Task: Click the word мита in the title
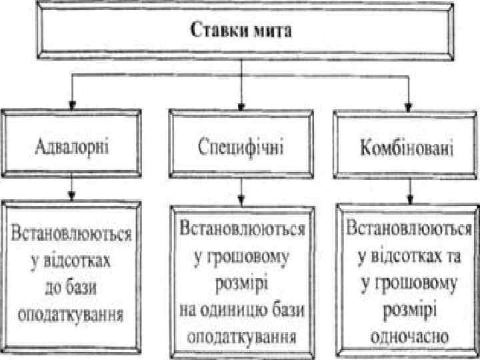(275, 31)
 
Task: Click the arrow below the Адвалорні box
(71, 191)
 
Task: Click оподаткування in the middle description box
(241, 333)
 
